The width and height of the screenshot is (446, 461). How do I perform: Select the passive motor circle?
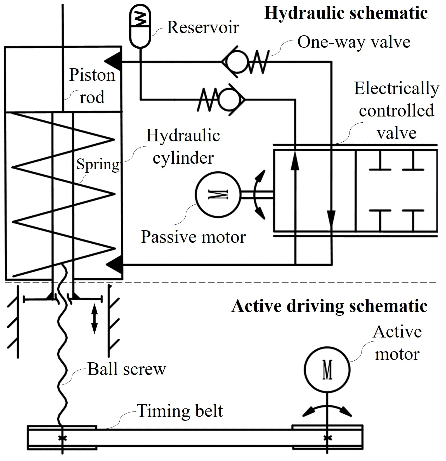point(218,194)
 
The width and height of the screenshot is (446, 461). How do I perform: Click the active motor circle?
point(327,370)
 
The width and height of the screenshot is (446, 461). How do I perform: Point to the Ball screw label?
point(127,369)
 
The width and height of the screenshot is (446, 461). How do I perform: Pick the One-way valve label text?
point(354,42)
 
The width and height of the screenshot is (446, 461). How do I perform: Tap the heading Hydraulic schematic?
point(346,13)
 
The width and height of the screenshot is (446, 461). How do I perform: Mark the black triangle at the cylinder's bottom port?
point(114,264)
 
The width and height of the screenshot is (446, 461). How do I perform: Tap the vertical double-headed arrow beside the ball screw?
point(95,319)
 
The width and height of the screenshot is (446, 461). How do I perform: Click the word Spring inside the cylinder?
point(98,164)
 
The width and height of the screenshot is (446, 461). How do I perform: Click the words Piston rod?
point(92,86)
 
